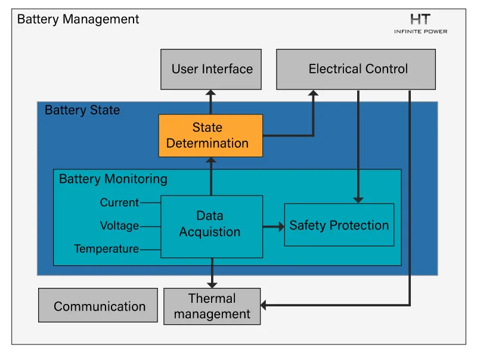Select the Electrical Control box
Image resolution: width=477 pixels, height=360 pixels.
[356, 69]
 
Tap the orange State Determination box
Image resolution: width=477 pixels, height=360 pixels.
[210, 136]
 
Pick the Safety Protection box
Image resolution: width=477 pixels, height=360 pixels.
[339, 225]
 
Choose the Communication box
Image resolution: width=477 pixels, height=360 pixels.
[98, 306]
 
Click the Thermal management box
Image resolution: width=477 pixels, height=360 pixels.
[212, 306]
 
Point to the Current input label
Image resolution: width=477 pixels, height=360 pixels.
[119, 203]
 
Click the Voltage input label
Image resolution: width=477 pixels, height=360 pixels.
[119, 226]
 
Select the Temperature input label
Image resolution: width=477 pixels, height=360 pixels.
[106, 249]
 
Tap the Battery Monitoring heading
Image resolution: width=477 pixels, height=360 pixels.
[113, 179]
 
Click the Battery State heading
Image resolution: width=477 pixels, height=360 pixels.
[82, 110]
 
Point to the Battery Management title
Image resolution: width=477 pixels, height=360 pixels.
[78, 19]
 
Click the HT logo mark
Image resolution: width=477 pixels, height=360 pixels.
[420, 19]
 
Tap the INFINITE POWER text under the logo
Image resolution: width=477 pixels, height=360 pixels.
[420, 31]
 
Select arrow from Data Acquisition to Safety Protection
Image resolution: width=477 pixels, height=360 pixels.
[273, 226]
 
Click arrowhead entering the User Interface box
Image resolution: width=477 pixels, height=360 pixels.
[210, 93]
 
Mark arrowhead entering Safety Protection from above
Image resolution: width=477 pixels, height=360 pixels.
[358, 198]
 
